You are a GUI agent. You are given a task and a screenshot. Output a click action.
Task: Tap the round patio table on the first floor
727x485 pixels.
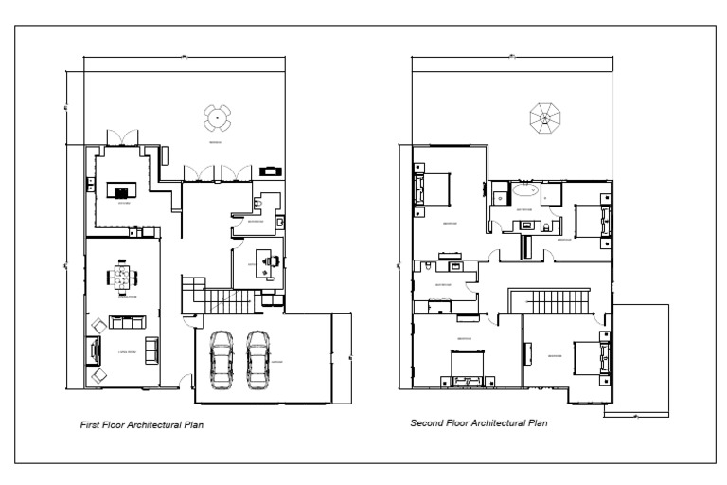pyautogui.click(x=216, y=118)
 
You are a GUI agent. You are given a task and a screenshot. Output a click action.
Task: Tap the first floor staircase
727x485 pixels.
pyautogui.click(x=225, y=301)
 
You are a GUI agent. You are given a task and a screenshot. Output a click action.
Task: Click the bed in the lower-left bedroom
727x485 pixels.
pyautogui.click(x=466, y=368)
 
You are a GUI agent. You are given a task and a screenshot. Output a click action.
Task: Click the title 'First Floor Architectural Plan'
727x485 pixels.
pyautogui.click(x=141, y=426)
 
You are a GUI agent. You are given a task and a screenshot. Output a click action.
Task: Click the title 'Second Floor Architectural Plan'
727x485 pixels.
pyautogui.click(x=478, y=422)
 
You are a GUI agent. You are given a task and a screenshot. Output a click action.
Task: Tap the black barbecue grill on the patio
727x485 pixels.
pyautogui.click(x=272, y=171)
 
